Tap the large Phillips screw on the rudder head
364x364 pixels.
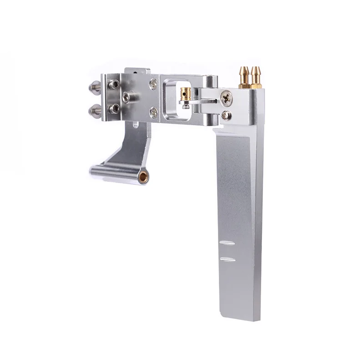tap(226, 97)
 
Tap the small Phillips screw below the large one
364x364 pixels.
tap(226, 116)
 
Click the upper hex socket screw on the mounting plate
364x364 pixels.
tap(114, 85)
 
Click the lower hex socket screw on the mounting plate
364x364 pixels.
tap(115, 108)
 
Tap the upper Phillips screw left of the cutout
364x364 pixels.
tap(154, 84)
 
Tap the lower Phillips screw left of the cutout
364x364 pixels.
tap(154, 112)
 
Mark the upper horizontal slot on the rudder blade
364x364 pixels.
tap(227, 243)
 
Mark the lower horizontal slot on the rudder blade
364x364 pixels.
tap(227, 259)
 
